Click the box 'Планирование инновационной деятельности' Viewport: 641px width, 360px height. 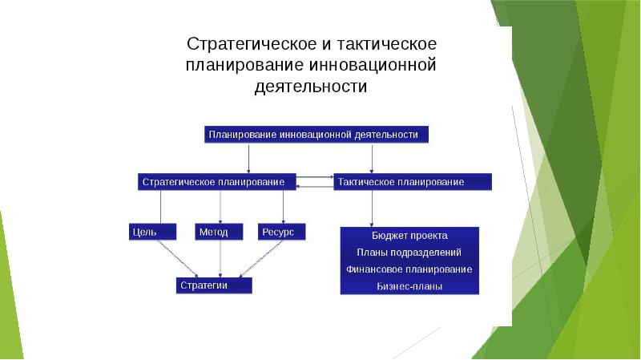(315, 135)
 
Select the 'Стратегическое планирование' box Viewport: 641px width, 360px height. (216, 183)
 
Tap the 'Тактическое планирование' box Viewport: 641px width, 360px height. (411, 183)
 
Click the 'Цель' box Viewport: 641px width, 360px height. (153, 233)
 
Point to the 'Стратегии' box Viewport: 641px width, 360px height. (214, 285)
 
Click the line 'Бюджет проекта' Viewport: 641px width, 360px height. (409, 236)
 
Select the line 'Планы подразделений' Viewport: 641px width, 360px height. (409, 253)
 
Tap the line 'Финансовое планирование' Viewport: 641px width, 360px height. (409, 269)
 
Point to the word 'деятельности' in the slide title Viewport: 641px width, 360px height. (310, 87)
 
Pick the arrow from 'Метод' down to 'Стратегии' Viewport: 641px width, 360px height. (220, 258)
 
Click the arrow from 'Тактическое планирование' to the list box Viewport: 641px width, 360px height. (371, 208)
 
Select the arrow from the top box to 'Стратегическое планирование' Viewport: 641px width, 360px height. (248, 158)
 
